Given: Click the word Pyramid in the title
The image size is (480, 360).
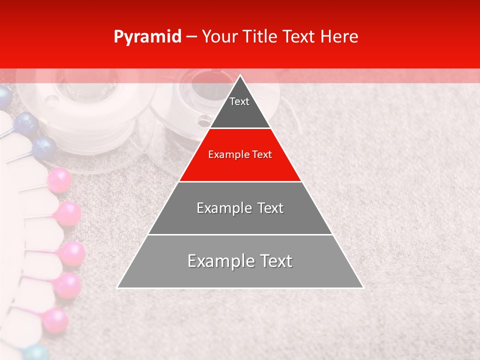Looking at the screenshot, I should [x=147, y=37].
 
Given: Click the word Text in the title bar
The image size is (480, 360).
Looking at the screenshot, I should [x=299, y=37].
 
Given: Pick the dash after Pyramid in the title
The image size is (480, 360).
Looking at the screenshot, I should [x=191, y=37].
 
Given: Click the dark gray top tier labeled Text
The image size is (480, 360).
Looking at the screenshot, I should [x=240, y=107].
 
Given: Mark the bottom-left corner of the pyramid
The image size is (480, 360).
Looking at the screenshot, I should [x=118, y=287].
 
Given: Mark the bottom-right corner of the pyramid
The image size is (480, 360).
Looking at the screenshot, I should [x=362, y=287].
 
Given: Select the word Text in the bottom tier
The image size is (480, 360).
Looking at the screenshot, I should [x=272, y=261].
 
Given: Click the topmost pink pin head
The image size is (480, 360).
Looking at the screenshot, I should [x=59, y=180].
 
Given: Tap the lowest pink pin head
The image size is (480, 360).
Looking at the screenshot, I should [x=54, y=320].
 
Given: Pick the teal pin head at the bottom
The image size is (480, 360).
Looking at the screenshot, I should [x=36, y=352].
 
